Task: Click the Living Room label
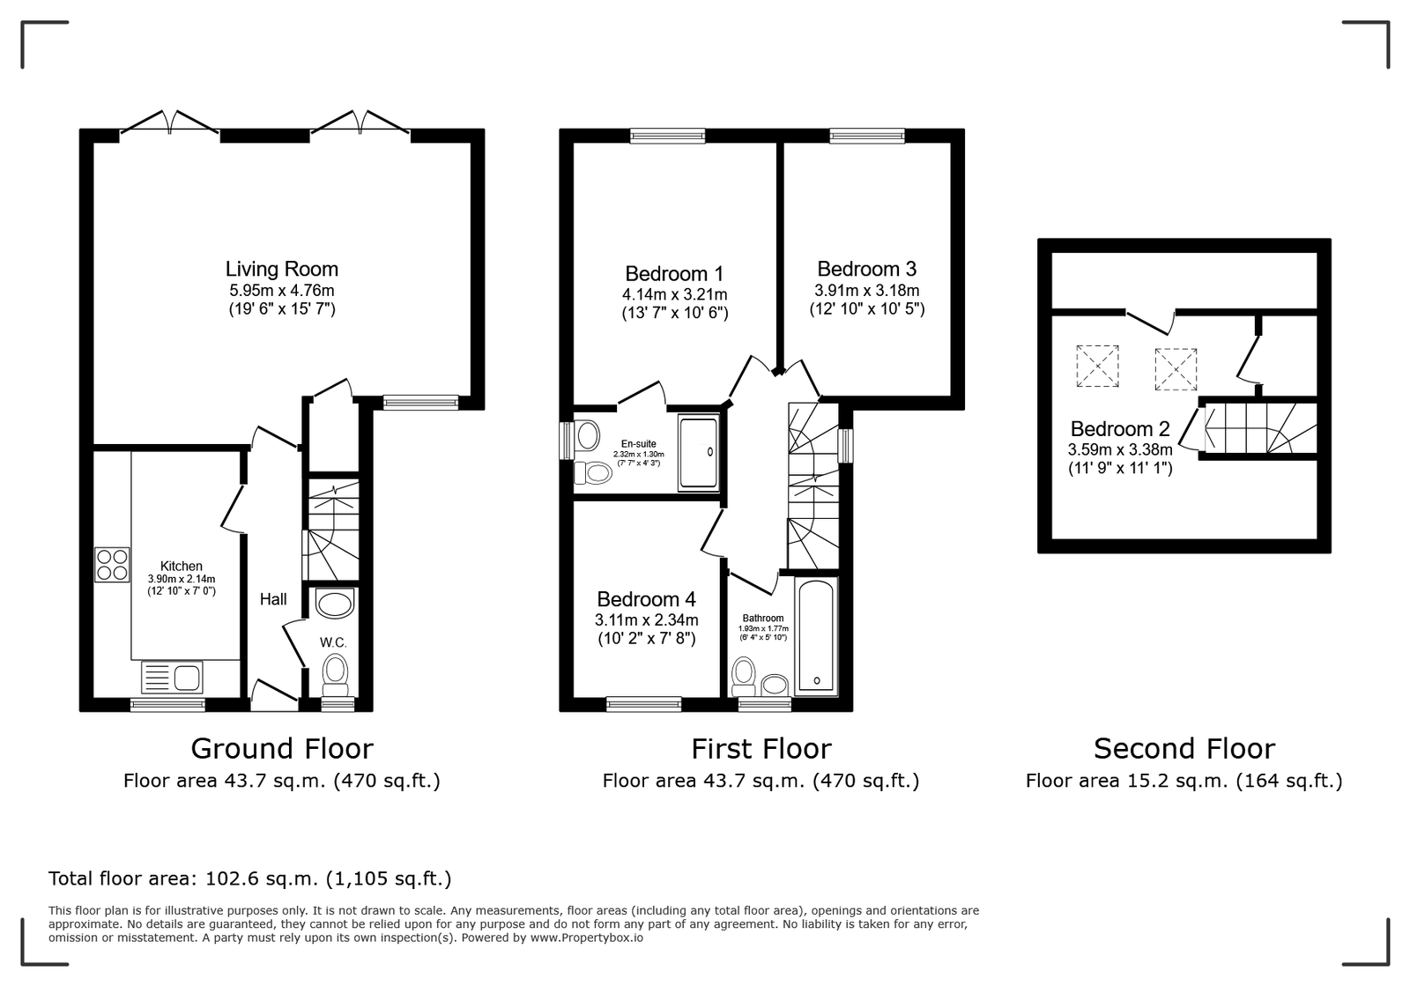click(x=282, y=270)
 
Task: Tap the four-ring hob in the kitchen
click(x=112, y=565)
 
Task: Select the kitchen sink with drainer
click(x=172, y=678)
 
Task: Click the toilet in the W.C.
click(x=335, y=671)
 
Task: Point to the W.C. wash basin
click(x=334, y=604)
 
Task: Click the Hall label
click(x=273, y=600)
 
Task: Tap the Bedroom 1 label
click(x=674, y=274)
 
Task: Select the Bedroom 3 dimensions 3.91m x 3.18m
click(x=867, y=291)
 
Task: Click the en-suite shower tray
click(x=698, y=452)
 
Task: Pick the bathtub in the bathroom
click(x=816, y=636)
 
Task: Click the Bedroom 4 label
click(x=647, y=599)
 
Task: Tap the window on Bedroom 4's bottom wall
click(x=644, y=704)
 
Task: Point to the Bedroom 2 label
click(x=1120, y=429)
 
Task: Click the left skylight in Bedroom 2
click(x=1097, y=366)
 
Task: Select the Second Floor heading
click(x=1184, y=749)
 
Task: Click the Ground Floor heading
click(x=282, y=749)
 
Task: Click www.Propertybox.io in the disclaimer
click(x=587, y=938)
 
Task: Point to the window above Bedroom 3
click(x=867, y=136)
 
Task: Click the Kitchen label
click(x=182, y=567)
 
